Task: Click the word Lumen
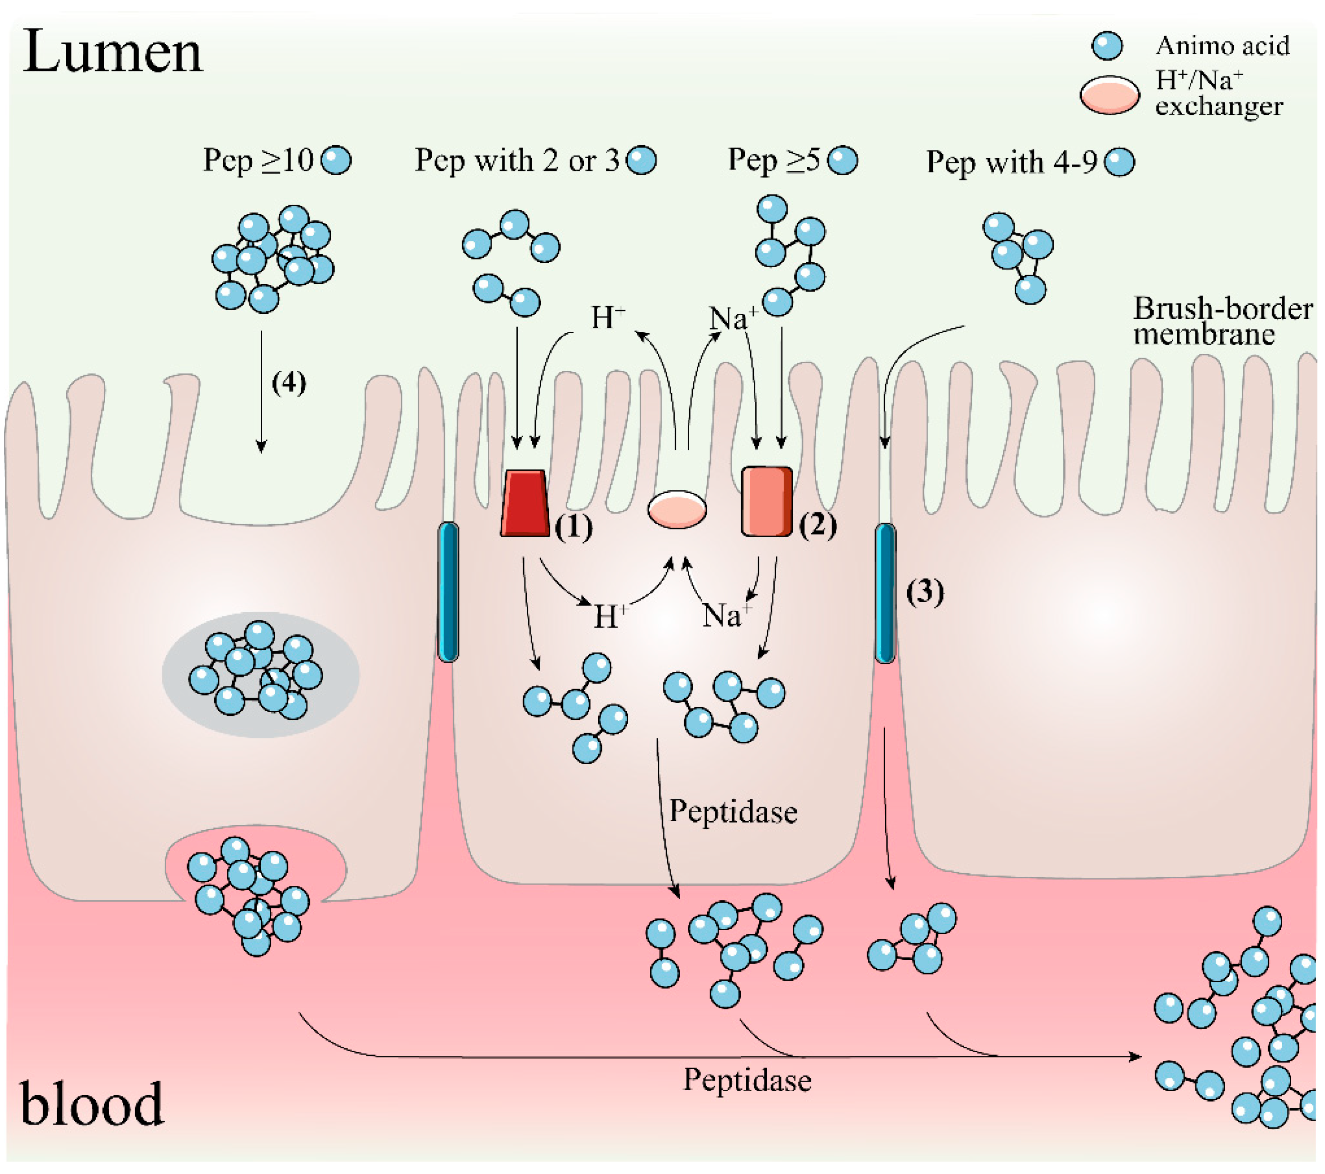click(112, 52)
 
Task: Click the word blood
click(91, 1104)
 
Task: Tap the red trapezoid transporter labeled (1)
click(525, 503)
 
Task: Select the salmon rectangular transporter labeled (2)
click(767, 501)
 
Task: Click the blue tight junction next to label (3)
click(885, 593)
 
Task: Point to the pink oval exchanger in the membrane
click(677, 509)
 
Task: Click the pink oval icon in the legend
click(1109, 95)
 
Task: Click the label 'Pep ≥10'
click(258, 160)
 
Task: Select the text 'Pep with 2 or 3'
click(517, 160)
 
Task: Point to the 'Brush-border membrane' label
click(1222, 321)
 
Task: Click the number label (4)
click(288, 382)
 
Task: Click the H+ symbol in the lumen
click(607, 318)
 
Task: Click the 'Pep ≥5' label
click(773, 159)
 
